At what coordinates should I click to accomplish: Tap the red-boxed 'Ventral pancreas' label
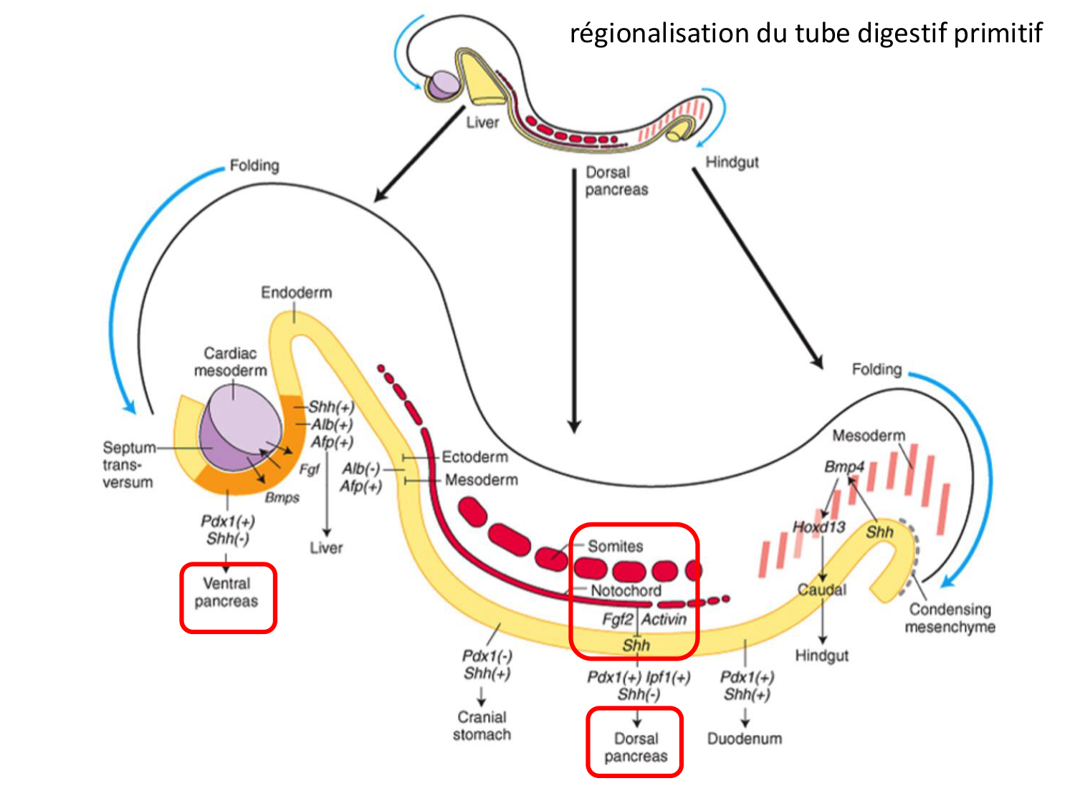(x=226, y=592)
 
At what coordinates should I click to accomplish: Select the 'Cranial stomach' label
(x=482, y=726)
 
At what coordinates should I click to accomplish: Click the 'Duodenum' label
(x=744, y=739)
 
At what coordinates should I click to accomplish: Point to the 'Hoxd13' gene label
(x=818, y=527)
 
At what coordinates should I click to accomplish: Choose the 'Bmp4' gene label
(x=844, y=467)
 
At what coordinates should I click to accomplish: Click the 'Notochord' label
(x=626, y=591)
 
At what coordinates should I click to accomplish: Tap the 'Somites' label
(x=615, y=547)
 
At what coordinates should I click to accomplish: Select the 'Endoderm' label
(x=296, y=292)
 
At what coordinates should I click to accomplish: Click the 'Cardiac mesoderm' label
(x=230, y=362)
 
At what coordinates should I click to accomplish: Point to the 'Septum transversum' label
(x=128, y=465)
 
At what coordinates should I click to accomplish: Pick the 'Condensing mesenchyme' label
(x=950, y=618)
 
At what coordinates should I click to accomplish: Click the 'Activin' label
(x=664, y=620)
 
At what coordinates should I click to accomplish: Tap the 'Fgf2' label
(x=618, y=620)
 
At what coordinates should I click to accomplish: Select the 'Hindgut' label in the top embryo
(x=732, y=163)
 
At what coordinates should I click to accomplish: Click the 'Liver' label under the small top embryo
(x=482, y=123)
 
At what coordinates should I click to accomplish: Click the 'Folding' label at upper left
(x=254, y=165)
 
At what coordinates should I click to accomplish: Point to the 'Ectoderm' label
(x=474, y=457)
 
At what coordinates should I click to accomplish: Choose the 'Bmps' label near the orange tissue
(x=282, y=497)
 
